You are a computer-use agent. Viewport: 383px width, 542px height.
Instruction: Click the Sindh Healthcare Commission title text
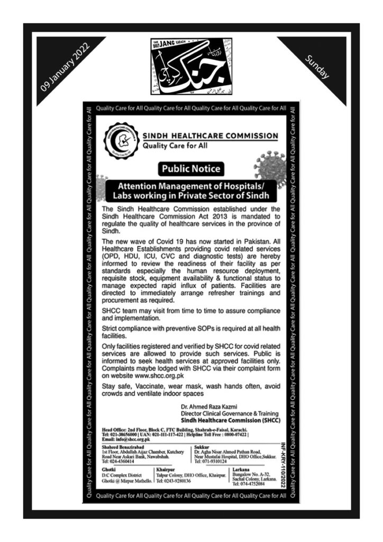pos(210,135)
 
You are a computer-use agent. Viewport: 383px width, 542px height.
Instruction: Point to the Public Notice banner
pos(191,169)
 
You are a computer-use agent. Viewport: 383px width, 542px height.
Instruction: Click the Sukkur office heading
pos(203,446)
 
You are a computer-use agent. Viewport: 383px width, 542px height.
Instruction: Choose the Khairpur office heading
pos(166,469)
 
